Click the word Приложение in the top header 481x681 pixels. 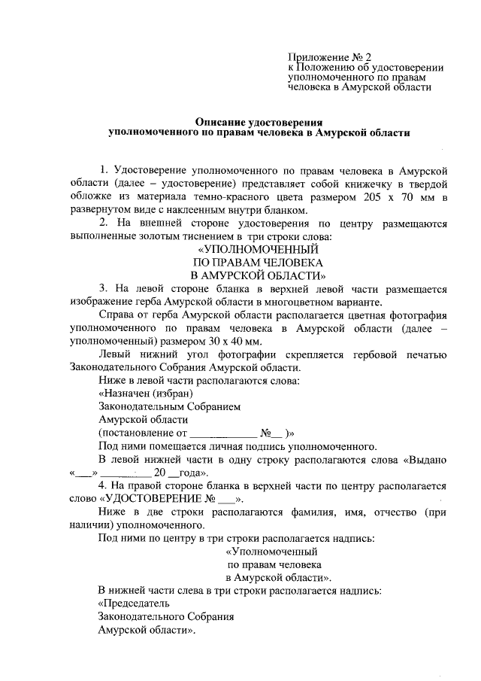point(314,56)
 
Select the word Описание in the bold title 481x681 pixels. point(219,120)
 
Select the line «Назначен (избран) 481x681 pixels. point(146,394)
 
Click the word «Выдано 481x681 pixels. point(428,459)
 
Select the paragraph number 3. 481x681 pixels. point(101,289)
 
